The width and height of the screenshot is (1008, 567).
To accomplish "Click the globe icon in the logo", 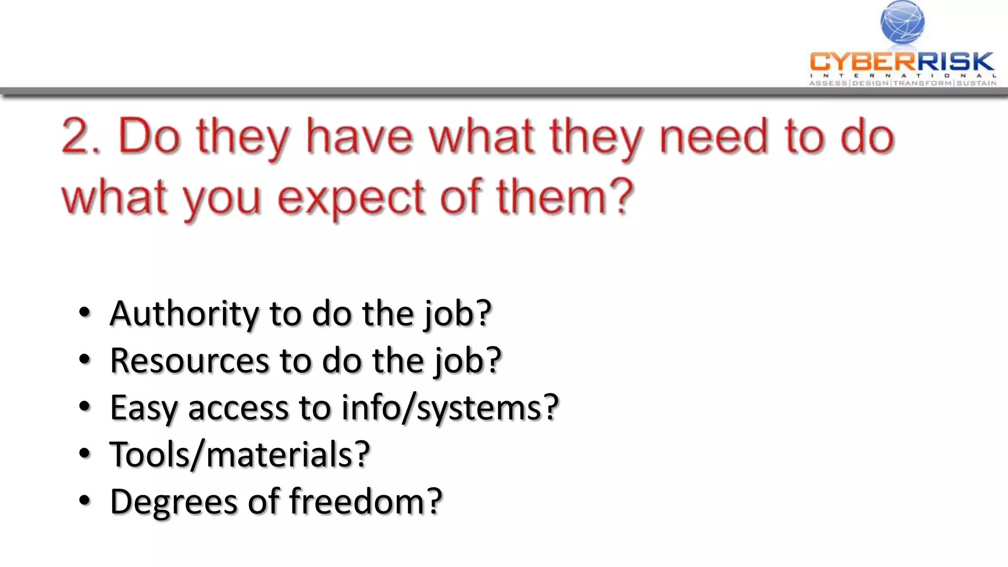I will [902, 22].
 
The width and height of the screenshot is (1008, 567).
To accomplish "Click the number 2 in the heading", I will [78, 137].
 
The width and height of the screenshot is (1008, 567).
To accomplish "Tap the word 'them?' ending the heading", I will [565, 197].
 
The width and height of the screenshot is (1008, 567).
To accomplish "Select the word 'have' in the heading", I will [359, 137].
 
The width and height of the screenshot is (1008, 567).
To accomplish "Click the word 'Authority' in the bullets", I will [184, 314].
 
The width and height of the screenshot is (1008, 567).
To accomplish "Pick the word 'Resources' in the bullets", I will [189, 361].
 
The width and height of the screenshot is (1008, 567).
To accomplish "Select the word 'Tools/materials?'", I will [240, 454].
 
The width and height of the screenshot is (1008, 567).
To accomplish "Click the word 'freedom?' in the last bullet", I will [366, 501].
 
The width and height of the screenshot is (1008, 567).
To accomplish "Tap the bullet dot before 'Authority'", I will [85, 313].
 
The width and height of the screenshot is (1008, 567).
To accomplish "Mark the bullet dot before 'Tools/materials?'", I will [85, 454].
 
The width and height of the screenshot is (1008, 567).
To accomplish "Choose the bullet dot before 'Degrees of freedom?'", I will [85, 501].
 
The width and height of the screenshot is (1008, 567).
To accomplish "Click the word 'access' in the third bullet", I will [238, 409].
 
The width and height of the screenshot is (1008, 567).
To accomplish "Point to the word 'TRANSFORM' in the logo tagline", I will [922, 83].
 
